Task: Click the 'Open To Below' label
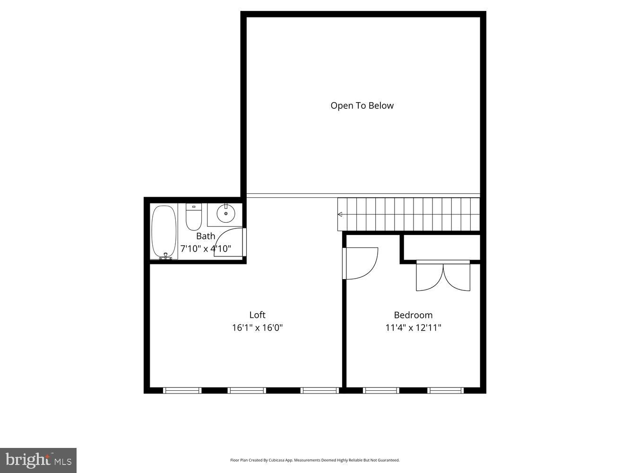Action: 362,105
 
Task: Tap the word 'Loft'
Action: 257,315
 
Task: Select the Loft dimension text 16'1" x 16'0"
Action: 257,327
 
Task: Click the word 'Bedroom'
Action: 413,315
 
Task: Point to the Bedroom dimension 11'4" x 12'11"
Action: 413,327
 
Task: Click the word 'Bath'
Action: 206,236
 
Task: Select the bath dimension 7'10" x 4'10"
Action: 206,248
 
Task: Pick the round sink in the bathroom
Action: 226,214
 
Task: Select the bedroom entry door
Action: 362,263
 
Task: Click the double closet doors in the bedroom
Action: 443,276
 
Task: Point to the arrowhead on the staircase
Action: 340,214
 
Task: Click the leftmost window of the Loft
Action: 182,390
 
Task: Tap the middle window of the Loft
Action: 247,390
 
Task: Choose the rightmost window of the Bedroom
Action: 446,390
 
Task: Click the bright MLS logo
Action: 38,460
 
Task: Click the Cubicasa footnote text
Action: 315,460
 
